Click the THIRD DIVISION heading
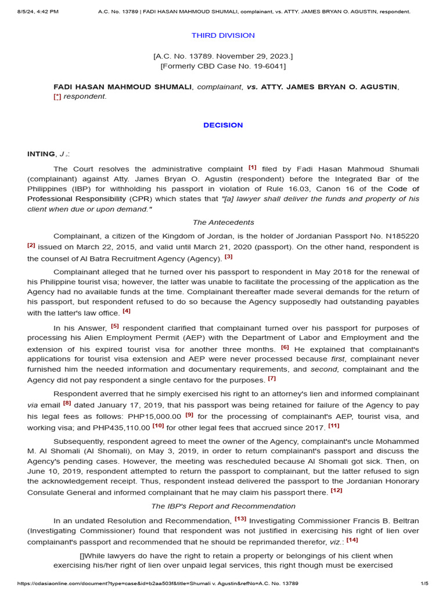click(x=223, y=35)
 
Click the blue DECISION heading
click(x=223, y=125)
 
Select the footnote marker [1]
click(x=253, y=167)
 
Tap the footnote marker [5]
click(x=115, y=327)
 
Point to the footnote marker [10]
click(x=158, y=425)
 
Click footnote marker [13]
click(x=240, y=518)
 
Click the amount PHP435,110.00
click(x=120, y=427)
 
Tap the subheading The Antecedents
click(x=223, y=223)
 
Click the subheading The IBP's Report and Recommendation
click(x=223, y=506)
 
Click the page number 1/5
click(x=424, y=583)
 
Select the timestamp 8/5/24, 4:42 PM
click(x=34, y=12)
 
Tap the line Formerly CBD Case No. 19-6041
click(x=223, y=66)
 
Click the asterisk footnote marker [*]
click(x=57, y=96)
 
